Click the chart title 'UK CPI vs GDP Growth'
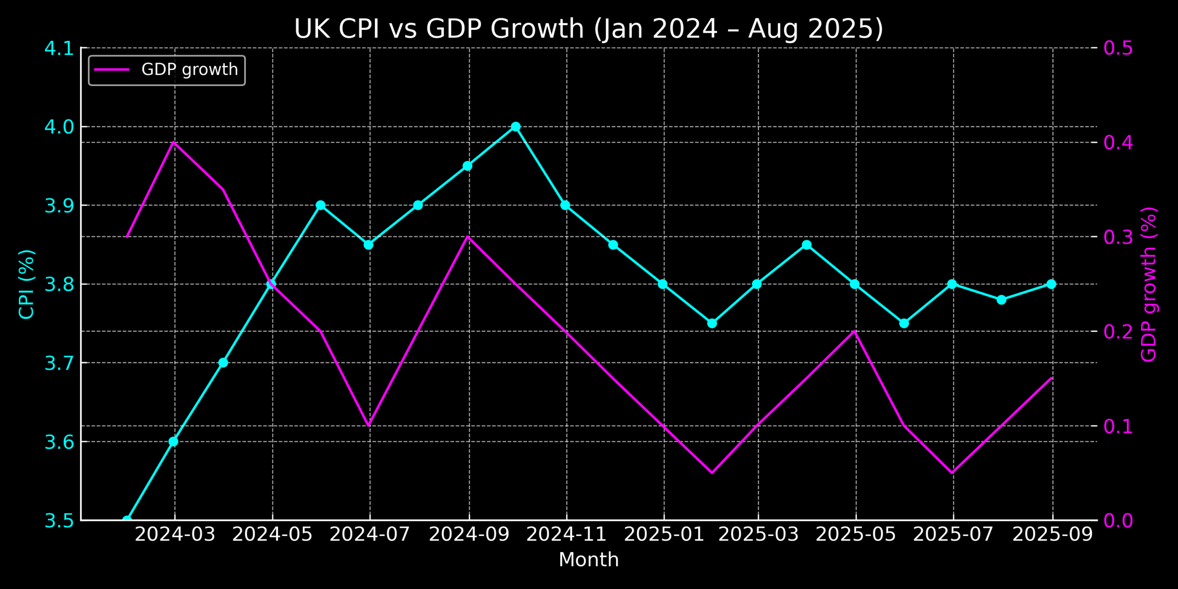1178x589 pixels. [x=589, y=29]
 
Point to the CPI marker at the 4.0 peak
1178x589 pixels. [x=516, y=127]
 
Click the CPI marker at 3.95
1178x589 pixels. [x=468, y=166]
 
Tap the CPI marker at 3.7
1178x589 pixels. [x=223, y=363]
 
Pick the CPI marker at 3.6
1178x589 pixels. [x=173, y=442]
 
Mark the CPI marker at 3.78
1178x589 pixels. [x=1001, y=300]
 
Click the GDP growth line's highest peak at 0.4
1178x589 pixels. [x=173, y=142]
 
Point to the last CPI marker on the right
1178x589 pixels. [x=1051, y=284]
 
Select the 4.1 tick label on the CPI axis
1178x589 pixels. [x=59, y=48]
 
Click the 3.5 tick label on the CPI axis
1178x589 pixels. [x=59, y=521]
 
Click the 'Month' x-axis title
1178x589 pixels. [x=589, y=560]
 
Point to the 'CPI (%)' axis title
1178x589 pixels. [x=26, y=284]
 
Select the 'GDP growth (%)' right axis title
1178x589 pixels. [x=1149, y=284]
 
